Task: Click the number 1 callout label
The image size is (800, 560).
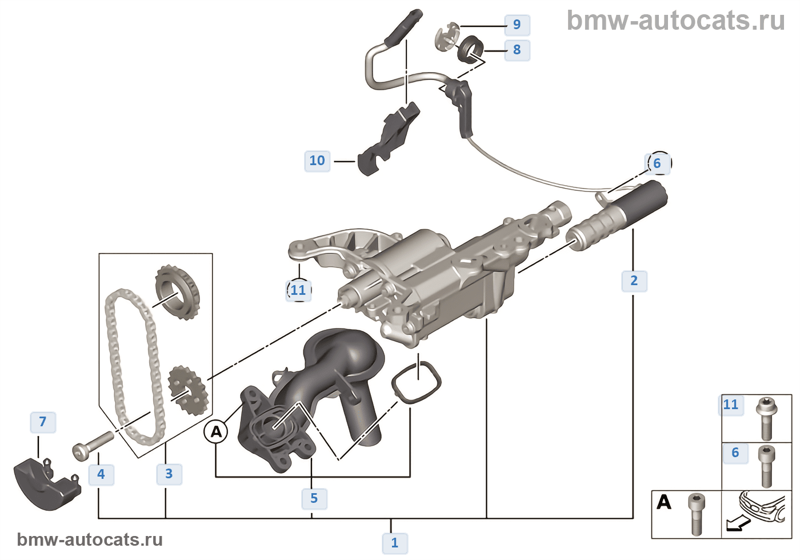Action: click(394, 543)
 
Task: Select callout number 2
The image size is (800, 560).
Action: click(634, 281)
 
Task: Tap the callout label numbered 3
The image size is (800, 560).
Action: click(169, 474)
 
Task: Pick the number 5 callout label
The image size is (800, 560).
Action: click(314, 498)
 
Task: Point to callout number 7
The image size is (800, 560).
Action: click(42, 422)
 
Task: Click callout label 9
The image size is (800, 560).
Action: click(517, 25)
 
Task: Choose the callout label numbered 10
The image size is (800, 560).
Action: click(317, 161)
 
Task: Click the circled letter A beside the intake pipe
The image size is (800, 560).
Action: click(216, 431)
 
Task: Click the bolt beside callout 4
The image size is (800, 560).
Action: click(93, 445)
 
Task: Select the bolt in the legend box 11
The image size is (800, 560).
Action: click(765, 418)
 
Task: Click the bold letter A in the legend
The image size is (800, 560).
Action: click(664, 502)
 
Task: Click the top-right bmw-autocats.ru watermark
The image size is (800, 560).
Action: click(675, 21)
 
